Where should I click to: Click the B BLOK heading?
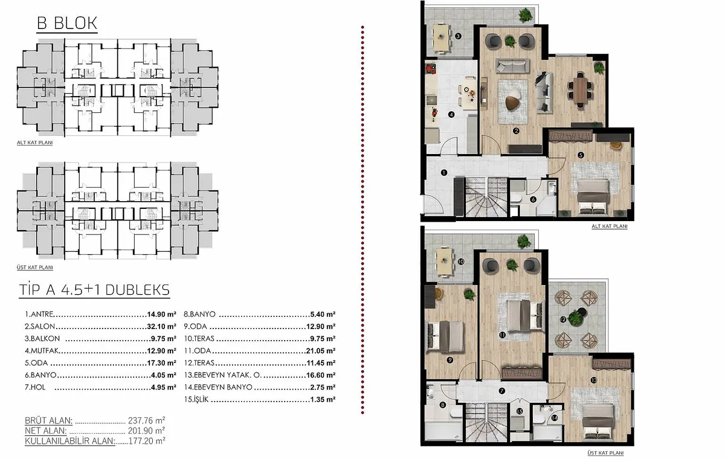(x=67, y=23)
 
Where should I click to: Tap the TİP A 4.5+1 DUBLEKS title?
(x=94, y=290)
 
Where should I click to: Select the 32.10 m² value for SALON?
(x=161, y=326)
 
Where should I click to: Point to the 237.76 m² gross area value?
(x=147, y=420)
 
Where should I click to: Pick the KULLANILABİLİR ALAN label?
(x=70, y=441)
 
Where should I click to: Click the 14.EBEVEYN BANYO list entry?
(x=218, y=387)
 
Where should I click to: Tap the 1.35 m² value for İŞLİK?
(x=323, y=399)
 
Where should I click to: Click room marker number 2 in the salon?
(x=516, y=131)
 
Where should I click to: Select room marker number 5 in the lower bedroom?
(x=581, y=155)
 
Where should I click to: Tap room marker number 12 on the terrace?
(x=563, y=319)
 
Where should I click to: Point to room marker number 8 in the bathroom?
(x=442, y=405)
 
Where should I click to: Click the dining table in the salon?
(x=581, y=90)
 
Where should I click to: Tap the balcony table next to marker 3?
(x=442, y=38)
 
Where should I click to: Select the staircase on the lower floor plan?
(x=486, y=197)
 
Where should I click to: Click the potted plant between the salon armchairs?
(x=510, y=41)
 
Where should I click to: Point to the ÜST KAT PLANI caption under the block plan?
(x=35, y=268)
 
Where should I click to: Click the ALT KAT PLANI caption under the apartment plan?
(x=610, y=226)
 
